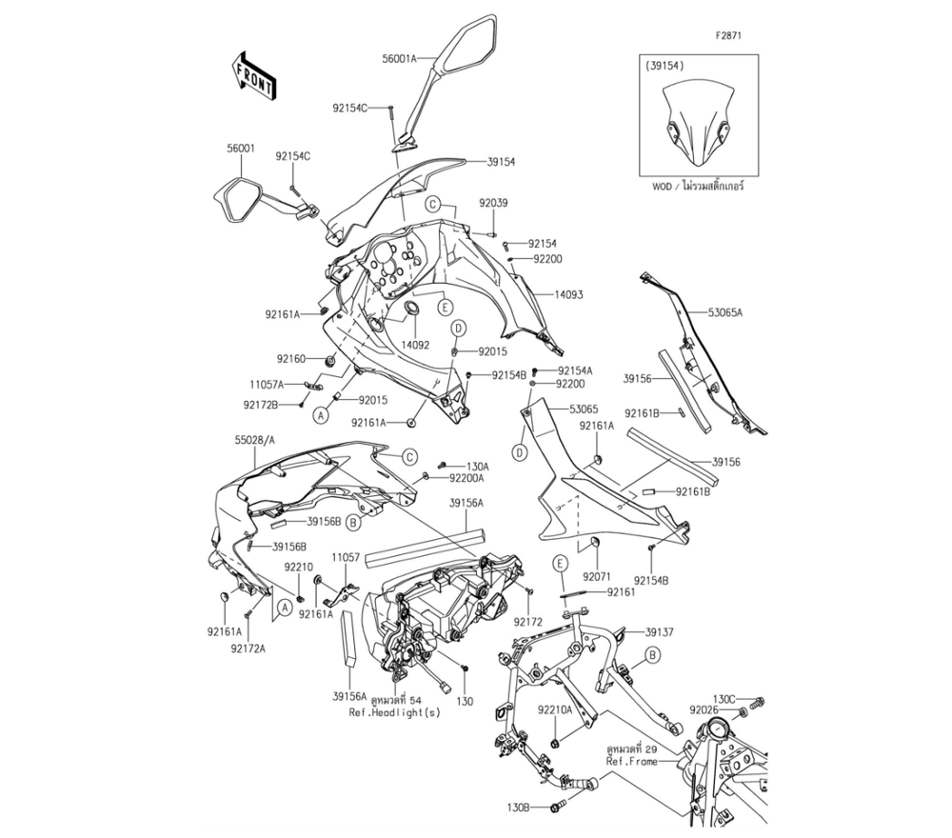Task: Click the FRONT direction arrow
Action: tap(254, 75)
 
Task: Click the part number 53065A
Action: tap(725, 312)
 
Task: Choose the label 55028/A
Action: tap(254, 442)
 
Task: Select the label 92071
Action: tap(597, 576)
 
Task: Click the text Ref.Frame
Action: tap(632, 762)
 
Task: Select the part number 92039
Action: tap(493, 203)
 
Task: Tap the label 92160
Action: tap(292, 359)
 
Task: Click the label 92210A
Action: tap(554, 709)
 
